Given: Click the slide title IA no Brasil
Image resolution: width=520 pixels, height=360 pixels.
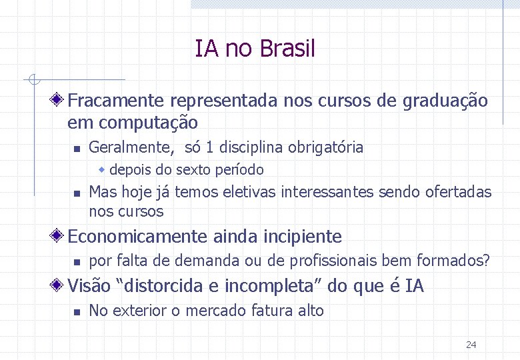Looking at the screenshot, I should (x=255, y=49).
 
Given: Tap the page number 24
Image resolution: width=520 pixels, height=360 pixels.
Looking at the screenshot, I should (x=471, y=345).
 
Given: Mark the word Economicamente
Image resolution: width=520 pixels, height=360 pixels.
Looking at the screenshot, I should (x=138, y=237).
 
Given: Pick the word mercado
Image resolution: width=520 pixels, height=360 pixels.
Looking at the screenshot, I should (x=223, y=311).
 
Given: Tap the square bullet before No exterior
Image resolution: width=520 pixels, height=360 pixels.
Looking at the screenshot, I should (x=77, y=311).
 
